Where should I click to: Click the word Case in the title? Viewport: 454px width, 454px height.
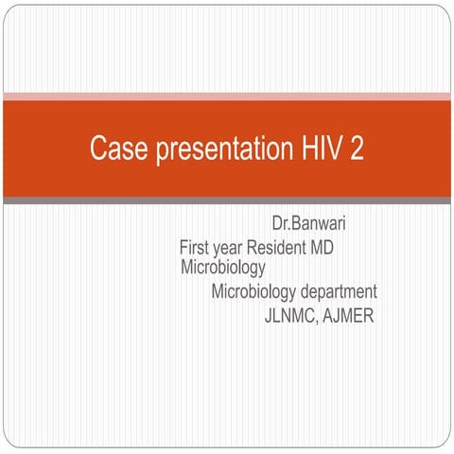coord(113,149)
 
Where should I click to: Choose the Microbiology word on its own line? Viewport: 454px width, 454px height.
coord(223,268)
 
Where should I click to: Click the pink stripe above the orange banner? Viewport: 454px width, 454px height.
coord(227,96)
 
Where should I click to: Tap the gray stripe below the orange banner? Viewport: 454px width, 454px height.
coord(227,201)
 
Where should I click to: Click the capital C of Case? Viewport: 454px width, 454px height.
coord(98,149)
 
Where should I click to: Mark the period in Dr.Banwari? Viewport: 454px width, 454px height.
coord(289,230)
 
